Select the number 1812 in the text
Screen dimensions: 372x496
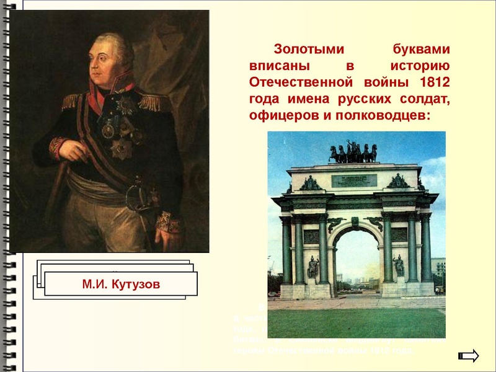click(435, 82)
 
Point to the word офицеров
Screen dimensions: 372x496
click(280, 115)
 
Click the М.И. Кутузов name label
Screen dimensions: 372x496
click(121, 285)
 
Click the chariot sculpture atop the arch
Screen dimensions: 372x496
click(353, 153)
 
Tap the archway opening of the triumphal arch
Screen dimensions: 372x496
click(356, 260)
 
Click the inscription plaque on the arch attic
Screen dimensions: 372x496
click(354, 180)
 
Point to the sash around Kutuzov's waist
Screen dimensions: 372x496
click(99, 186)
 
